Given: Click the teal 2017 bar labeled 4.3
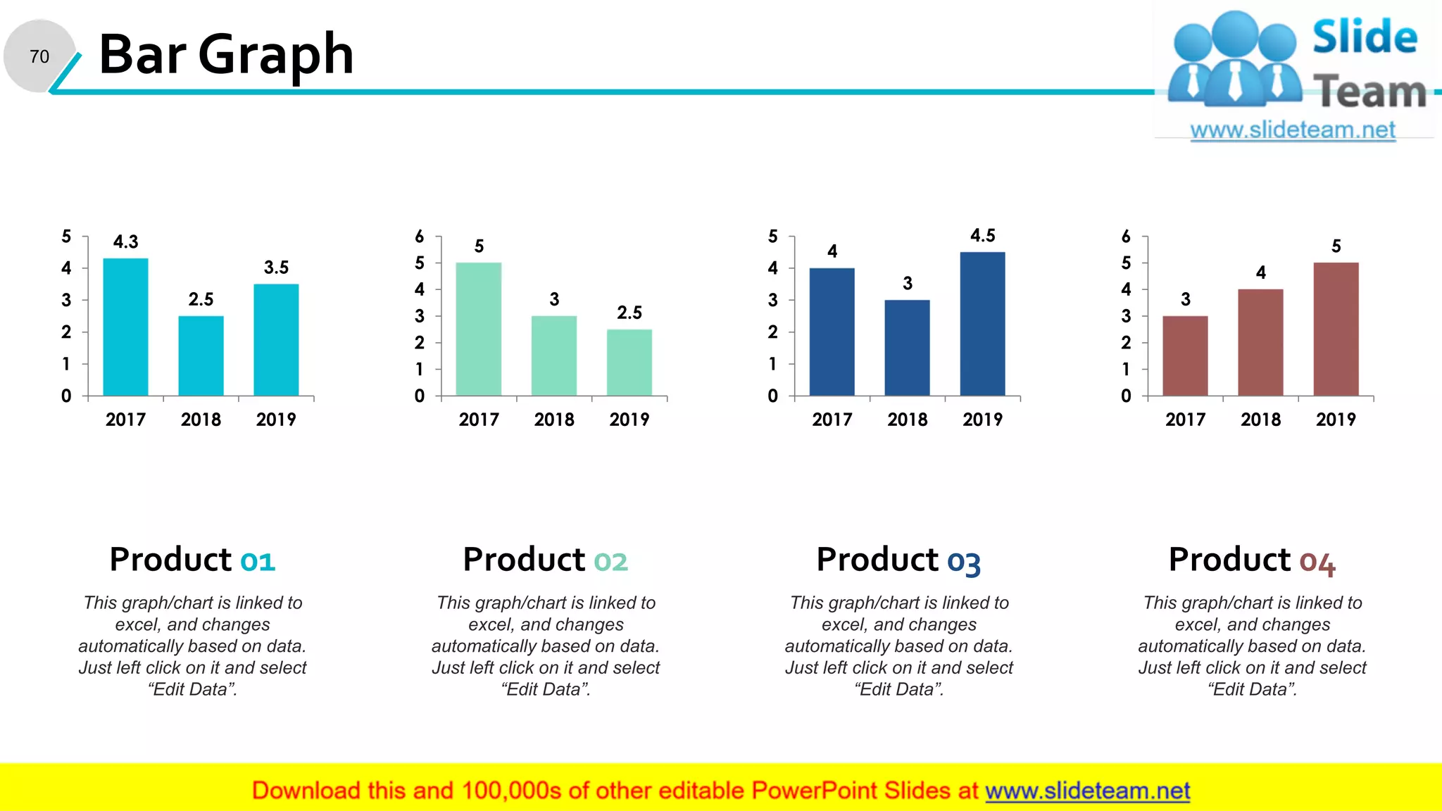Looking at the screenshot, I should pyautogui.click(x=125, y=327).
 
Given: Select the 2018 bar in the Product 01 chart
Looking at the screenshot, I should pyautogui.click(x=201, y=356).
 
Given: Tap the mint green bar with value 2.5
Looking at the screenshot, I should pyautogui.click(x=629, y=362).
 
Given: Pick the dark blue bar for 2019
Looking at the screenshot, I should pyautogui.click(x=982, y=324).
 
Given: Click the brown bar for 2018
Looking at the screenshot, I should pyautogui.click(x=1260, y=342).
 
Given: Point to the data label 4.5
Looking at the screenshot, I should pyautogui.click(x=982, y=235).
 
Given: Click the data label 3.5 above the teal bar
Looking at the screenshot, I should pyautogui.click(x=276, y=268).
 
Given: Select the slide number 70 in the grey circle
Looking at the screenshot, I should pyautogui.click(x=39, y=56).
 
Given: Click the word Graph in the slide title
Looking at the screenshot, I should pyautogui.click(x=275, y=55).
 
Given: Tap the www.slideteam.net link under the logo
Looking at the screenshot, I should pyautogui.click(x=1293, y=130).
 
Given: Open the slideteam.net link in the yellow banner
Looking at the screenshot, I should pyautogui.click(x=1087, y=791).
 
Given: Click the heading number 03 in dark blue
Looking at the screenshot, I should pyautogui.click(x=963, y=562).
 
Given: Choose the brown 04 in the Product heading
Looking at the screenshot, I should pyautogui.click(x=1317, y=562).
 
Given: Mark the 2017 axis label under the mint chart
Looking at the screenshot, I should pyautogui.click(x=479, y=420).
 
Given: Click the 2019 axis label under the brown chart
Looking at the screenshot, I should pyautogui.click(x=1336, y=420).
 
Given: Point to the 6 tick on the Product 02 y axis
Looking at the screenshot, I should pyautogui.click(x=420, y=237).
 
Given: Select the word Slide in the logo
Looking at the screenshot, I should pyautogui.click(x=1365, y=37).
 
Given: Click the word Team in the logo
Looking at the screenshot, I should pyautogui.click(x=1369, y=92).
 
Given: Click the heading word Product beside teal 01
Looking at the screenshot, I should pyautogui.click(x=170, y=560).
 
